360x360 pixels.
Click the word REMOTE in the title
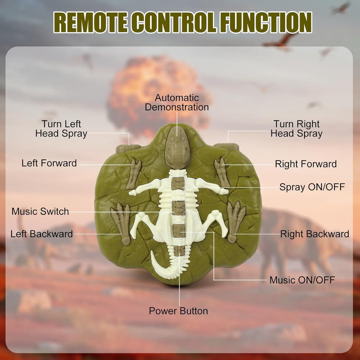pyautogui.click(x=91, y=22)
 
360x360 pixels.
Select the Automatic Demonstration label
pyautogui.click(x=176, y=102)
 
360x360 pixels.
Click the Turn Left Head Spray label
pyautogui.click(x=61, y=128)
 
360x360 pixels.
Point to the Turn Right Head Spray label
pyautogui.click(x=296, y=128)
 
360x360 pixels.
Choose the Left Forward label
pyautogui.click(x=49, y=163)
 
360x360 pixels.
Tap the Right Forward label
pyautogui.click(x=306, y=164)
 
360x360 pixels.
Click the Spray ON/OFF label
pyautogui.click(x=312, y=187)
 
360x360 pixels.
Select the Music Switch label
pyautogui.click(x=40, y=211)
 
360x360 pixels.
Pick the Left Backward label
pyautogui.click(x=41, y=234)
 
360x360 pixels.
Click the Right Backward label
pyautogui.click(x=315, y=234)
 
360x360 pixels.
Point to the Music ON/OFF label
pyautogui.click(x=302, y=280)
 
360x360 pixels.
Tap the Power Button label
pyautogui.click(x=178, y=311)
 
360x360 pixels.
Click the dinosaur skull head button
pyautogui.click(x=177, y=147)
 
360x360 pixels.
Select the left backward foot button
pyautogui.click(x=121, y=222)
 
